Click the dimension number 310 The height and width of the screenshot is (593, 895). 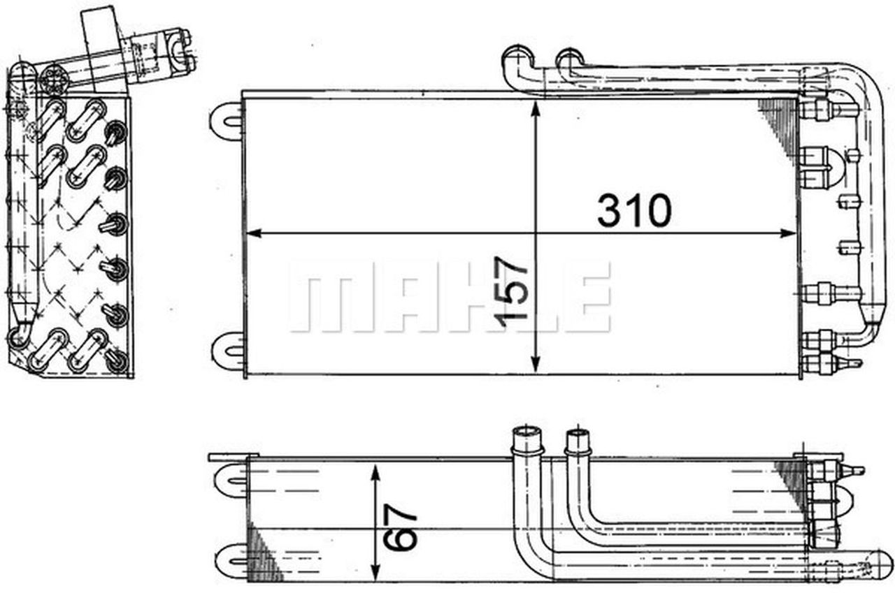click(633, 212)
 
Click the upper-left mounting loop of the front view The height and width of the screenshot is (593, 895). click(227, 118)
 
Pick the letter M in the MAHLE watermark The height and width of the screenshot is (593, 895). click(321, 297)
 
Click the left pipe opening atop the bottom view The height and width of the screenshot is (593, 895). click(526, 438)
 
